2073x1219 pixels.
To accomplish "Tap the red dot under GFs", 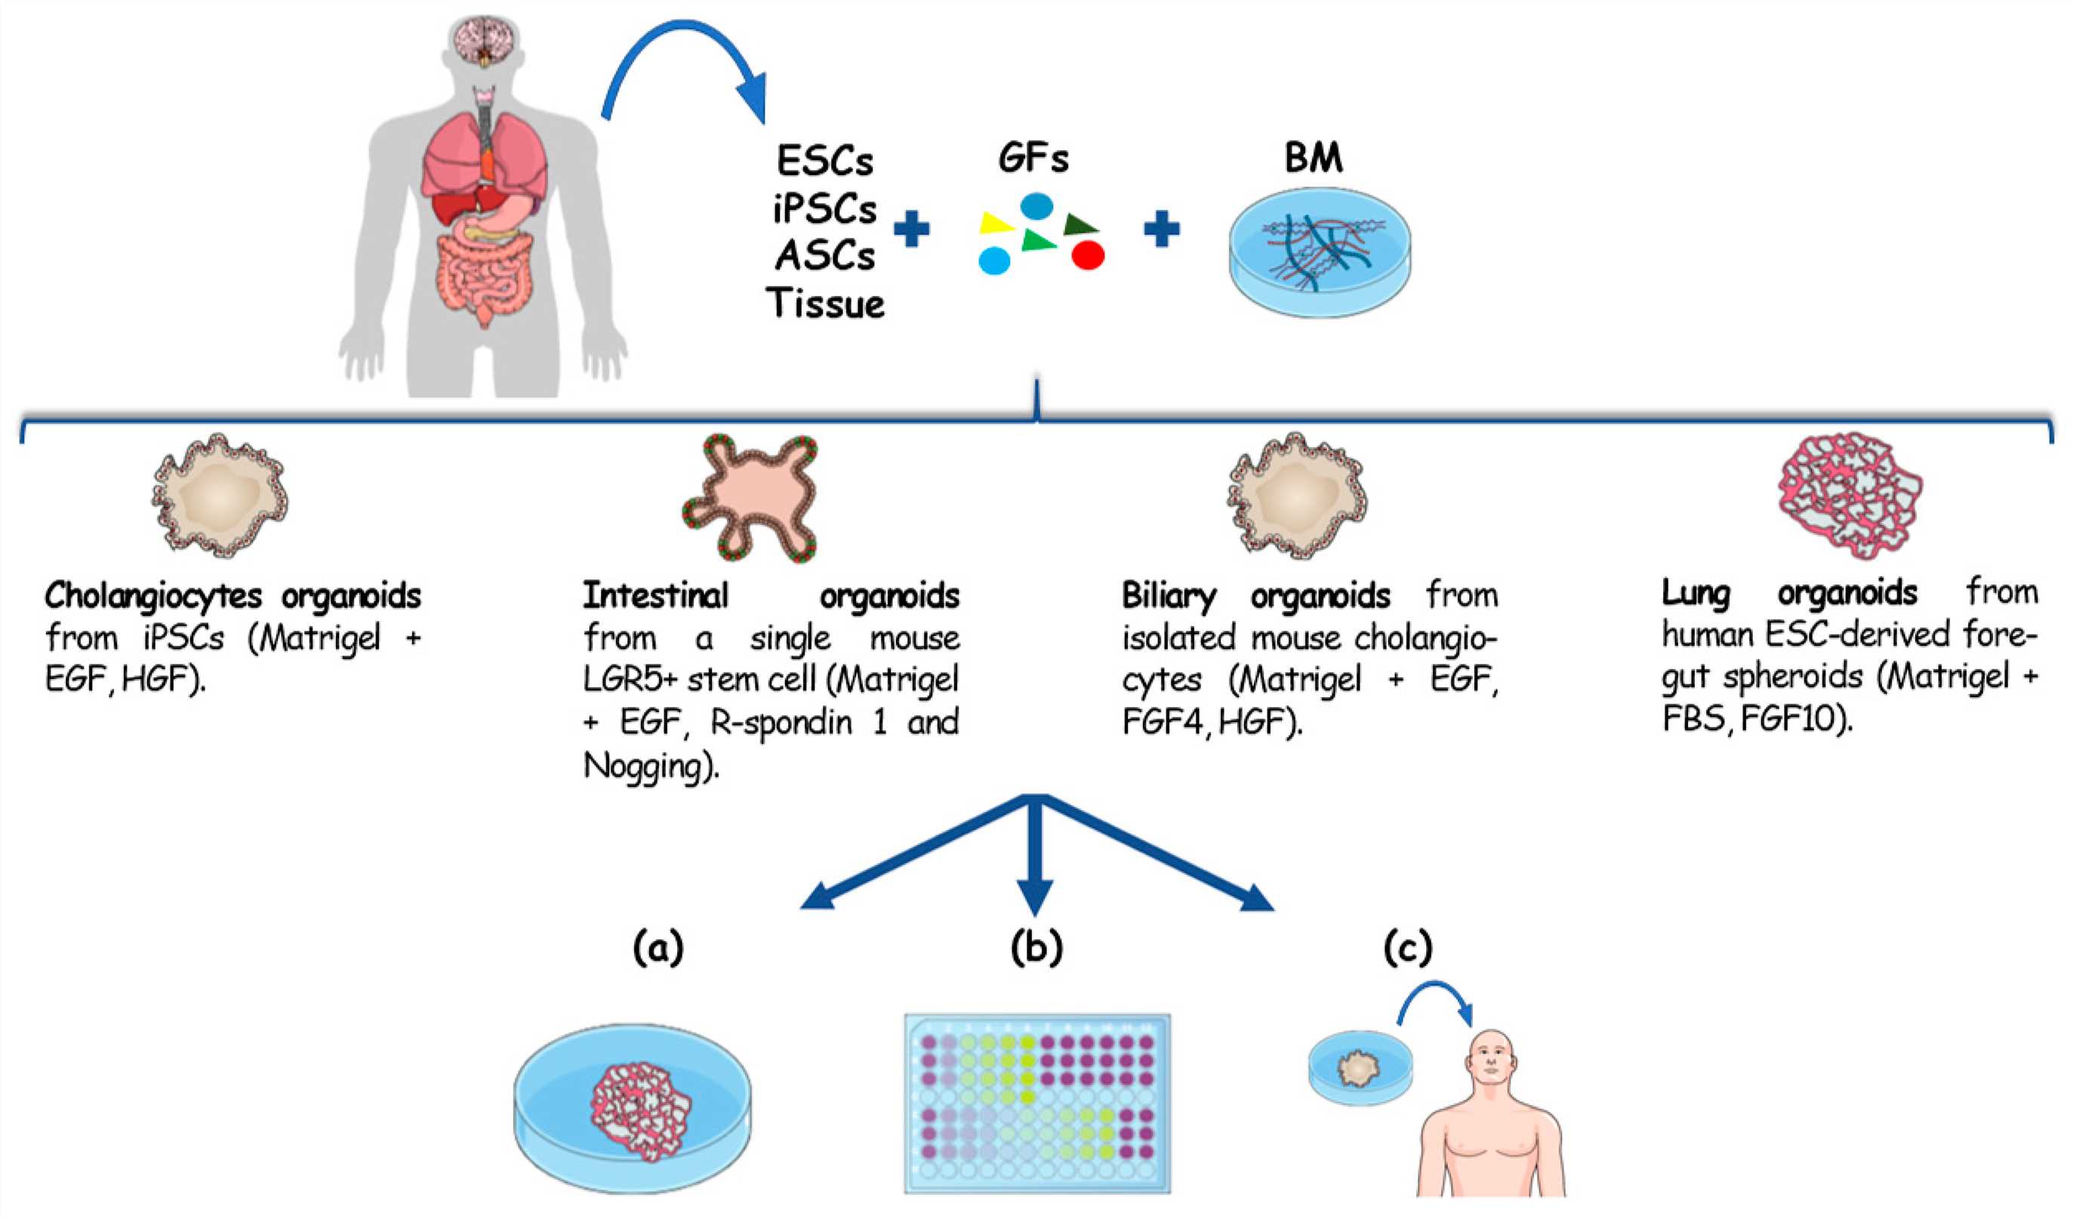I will click(1088, 255).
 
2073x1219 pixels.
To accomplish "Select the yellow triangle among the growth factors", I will click(993, 223).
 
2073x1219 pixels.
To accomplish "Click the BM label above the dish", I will click(1313, 157).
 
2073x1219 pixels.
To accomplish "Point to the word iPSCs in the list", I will click(824, 208).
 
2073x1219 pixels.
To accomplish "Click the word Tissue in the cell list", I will click(825, 304).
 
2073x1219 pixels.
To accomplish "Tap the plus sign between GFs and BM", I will click(1162, 229).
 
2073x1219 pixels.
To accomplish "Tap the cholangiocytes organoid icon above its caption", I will click(220, 495).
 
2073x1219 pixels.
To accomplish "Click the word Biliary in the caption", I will click(1168, 595).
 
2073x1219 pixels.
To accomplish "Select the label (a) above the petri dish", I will click(658, 947).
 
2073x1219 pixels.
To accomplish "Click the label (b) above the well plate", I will click(1036, 947).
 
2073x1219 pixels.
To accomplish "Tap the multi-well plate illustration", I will click(1036, 1103).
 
